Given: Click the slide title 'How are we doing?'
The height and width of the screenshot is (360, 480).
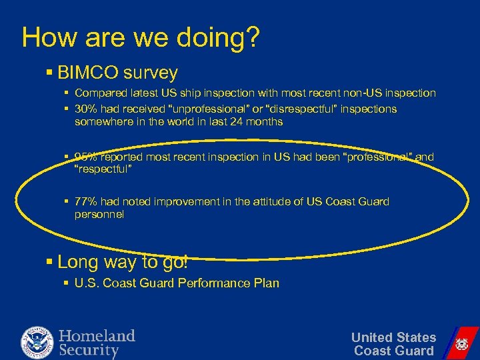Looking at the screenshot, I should [140, 37].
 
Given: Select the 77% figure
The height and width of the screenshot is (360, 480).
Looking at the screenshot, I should [87, 201].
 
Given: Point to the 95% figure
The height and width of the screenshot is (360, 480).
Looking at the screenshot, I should [87, 157].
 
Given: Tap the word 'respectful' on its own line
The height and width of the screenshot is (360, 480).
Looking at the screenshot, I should [103, 170].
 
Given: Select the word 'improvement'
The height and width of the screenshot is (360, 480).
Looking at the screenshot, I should [183, 201].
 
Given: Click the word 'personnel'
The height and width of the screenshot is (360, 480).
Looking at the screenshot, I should [99, 215].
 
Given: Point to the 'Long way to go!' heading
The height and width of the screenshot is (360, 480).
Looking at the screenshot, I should [123, 262].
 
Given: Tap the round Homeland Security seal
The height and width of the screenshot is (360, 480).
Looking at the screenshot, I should [37, 342].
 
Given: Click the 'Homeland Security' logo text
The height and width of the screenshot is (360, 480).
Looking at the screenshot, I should [97, 343].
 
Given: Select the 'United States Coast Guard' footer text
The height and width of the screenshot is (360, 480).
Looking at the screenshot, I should [393, 344].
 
